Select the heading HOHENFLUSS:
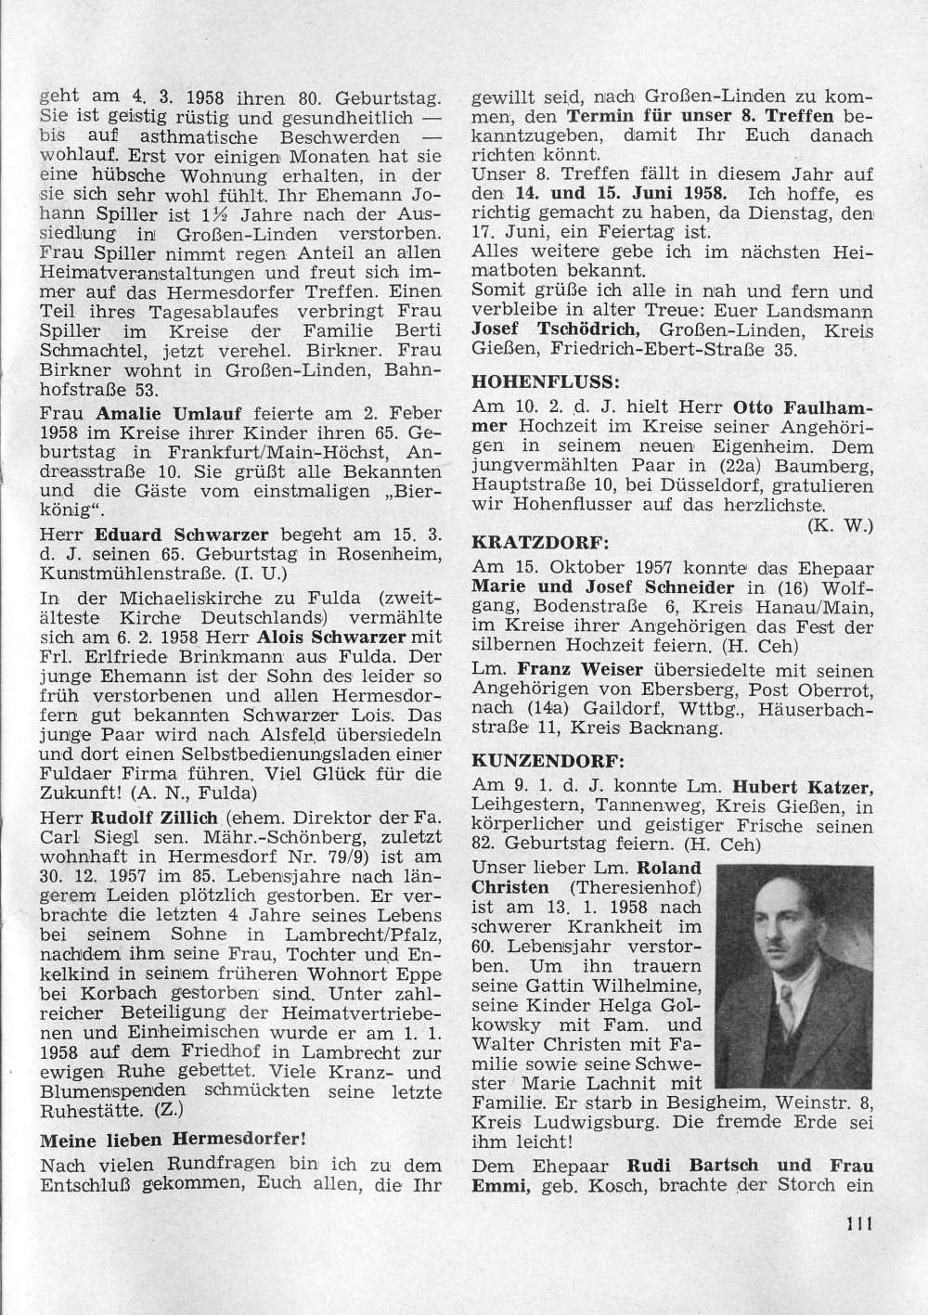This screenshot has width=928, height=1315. (532, 381)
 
